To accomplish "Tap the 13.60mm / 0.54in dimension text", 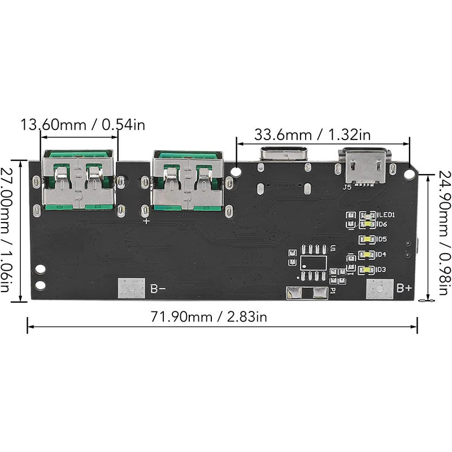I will [x=82, y=124].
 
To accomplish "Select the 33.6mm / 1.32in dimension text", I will [x=312, y=135].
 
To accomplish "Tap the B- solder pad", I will [x=129, y=289].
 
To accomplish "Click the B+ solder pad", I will [x=378, y=289].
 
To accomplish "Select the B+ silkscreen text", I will [x=403, y=289].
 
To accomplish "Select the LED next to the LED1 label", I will [x=370, y=215].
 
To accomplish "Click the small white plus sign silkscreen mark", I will [x=147, y=221].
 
